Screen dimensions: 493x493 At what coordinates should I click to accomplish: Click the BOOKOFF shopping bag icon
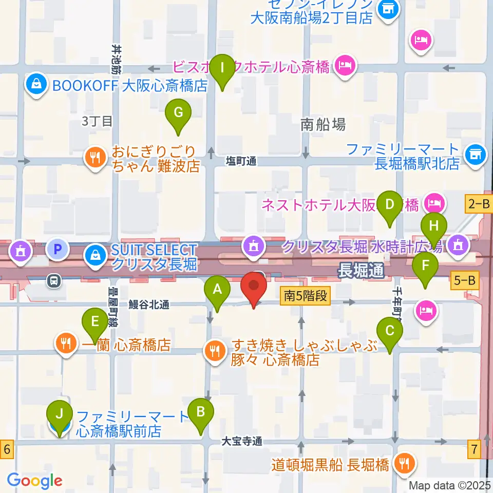click(37, 84)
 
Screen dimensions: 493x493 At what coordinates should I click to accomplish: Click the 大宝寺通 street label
click(242, 441)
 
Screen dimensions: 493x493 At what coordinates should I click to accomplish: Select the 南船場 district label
click(323, 124)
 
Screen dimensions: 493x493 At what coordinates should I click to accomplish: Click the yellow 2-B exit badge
click(478, 204)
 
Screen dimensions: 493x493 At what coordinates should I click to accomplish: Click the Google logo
click(34, 481)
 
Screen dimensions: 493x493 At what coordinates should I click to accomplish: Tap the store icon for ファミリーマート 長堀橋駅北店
click(475, 154)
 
